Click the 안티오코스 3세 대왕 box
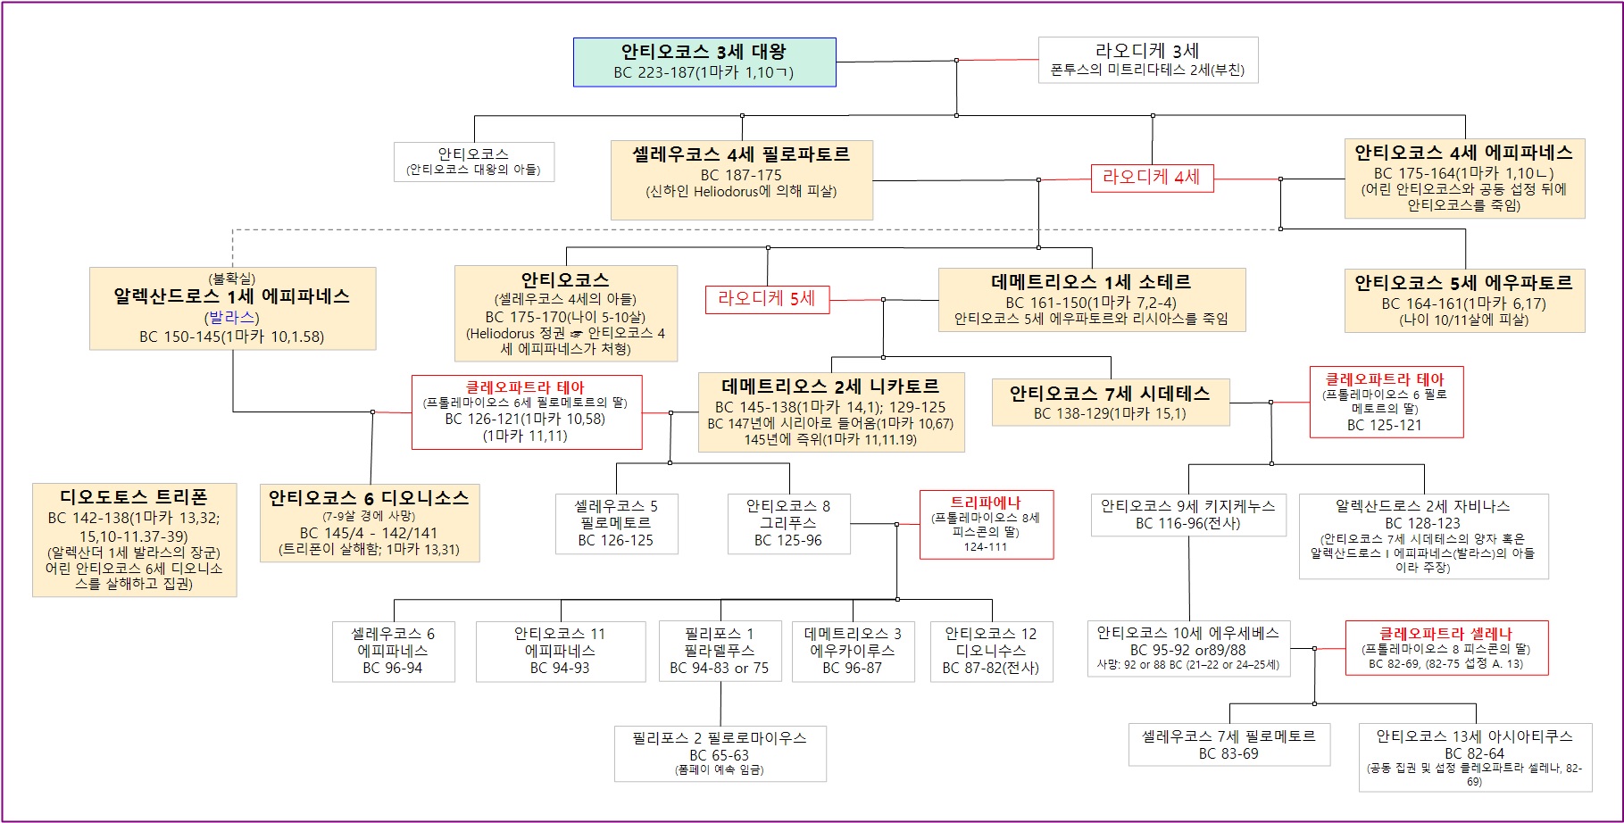704,62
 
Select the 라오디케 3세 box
1147,60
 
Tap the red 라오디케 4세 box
1152,178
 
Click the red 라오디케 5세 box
767,299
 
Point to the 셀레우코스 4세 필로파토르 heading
741,154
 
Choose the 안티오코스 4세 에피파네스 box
1464,179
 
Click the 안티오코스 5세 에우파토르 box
1464,301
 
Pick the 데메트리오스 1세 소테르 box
1091,300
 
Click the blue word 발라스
231,318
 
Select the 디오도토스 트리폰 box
134,539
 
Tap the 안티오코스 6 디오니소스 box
369,522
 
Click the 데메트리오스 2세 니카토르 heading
830,387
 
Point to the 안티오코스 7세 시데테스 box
1110,402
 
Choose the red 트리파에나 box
986,524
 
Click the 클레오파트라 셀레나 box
1445,648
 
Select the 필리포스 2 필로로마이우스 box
720,753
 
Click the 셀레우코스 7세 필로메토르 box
1228,744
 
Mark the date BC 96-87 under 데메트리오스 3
852,668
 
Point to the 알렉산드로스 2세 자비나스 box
1423,536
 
